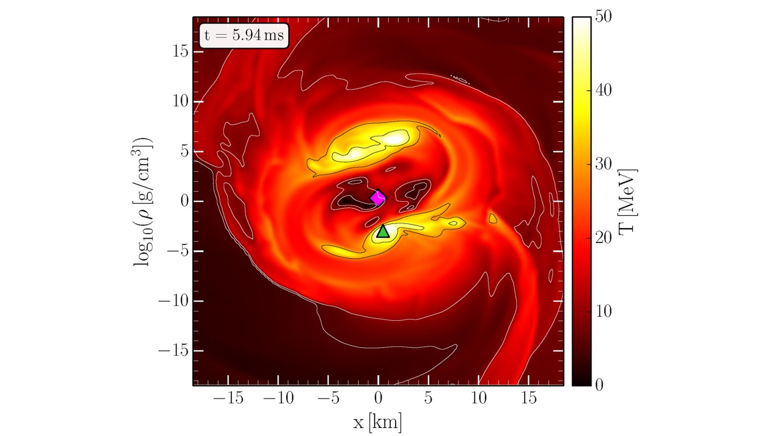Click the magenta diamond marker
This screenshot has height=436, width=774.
pos(378,198)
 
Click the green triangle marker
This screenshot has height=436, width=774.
pos(383,232)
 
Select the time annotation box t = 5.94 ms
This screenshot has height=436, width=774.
pos(244,35)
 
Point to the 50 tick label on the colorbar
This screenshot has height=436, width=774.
pos(603,16)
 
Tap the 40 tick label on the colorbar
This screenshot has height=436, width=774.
pos(603,90)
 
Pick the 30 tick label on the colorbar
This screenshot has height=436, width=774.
pos(603,164)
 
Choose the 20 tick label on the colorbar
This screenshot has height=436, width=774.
pos(603,238)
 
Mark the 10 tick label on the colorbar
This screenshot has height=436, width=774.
pos(603,311)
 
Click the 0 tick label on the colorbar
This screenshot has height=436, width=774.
pos(599,385)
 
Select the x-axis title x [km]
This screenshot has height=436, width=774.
pos(377,421)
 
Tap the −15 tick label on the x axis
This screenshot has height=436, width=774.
pos(228,398)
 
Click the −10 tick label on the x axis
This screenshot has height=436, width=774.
pos(278,398)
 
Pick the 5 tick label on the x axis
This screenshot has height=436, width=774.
pos(428,398)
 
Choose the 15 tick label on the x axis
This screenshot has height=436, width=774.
pos(529,398)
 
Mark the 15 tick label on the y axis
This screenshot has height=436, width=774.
pos(180,51)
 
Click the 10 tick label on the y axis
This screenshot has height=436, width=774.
pos(180,101)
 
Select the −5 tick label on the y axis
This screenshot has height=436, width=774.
pos(177,251)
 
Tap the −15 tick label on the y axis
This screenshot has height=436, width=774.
pos(173,351)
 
